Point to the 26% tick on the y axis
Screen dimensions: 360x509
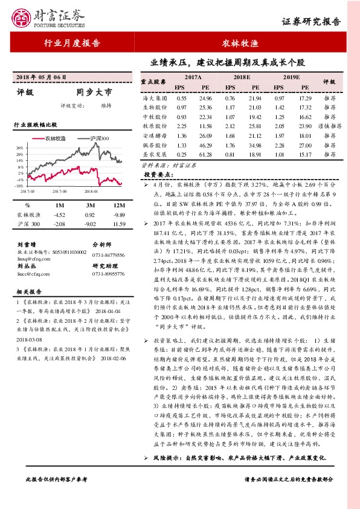(x=20, y=148)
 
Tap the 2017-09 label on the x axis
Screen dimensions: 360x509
(x=59, y=190)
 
